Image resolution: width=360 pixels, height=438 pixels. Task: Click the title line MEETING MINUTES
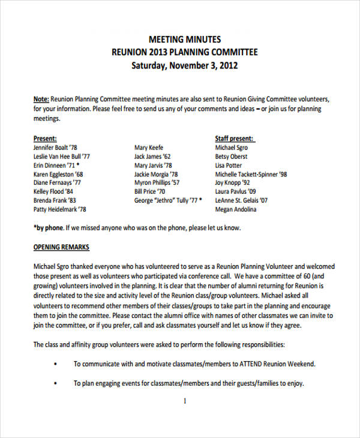coord(185,39)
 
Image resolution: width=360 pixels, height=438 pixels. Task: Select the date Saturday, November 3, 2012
coord(185,65)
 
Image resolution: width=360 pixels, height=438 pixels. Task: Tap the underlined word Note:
coord(41,99)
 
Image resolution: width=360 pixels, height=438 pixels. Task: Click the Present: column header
coord(46,138)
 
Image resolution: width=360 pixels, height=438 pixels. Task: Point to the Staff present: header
coord(234,138)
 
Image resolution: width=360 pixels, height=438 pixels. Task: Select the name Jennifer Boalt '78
coord(55,148)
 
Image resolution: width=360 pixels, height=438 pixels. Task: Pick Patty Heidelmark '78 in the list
coord(59,209)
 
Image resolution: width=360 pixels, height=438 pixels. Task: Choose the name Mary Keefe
coord(149,148)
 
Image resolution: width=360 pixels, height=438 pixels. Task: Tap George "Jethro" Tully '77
coord(169,200)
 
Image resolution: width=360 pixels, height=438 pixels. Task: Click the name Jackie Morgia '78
coord(157,175)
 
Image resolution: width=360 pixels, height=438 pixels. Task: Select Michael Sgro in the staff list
coord(232,148)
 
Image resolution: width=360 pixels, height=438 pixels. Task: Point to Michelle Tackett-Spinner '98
coord(251,175)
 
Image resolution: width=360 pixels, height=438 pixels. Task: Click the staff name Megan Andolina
coord(236,209)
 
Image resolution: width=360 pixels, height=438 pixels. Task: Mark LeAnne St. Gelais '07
coord(242,200)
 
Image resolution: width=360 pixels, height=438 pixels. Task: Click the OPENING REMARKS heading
coord(61,247)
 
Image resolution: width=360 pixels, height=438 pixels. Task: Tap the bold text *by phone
coord(48,228)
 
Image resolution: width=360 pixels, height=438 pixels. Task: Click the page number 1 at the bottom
coord(185,401)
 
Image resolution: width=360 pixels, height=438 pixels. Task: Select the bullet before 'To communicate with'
coord(56,364)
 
